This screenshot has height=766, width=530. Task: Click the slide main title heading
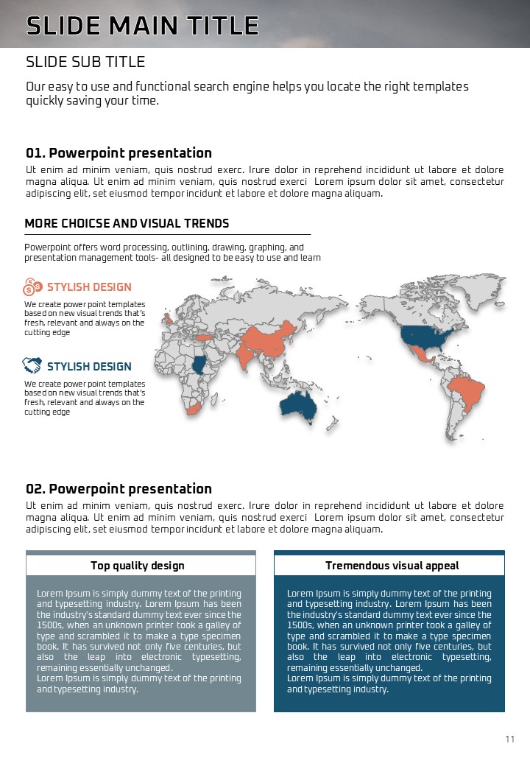142,26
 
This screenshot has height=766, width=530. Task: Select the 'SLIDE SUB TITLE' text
85,62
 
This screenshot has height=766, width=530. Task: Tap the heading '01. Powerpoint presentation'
119,153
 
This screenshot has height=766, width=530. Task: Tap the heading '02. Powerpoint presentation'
119,489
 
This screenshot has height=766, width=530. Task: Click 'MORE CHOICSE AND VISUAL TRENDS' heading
127,223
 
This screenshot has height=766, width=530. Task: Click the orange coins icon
33,287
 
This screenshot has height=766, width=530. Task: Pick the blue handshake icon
32,365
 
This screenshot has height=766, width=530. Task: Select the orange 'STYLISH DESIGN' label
89,287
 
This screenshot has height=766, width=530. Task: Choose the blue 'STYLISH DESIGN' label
89,367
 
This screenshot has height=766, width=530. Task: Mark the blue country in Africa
199,364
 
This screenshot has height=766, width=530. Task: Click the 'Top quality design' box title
138,566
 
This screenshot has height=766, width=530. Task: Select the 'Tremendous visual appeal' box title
392,566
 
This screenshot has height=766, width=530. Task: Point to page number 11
509,739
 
